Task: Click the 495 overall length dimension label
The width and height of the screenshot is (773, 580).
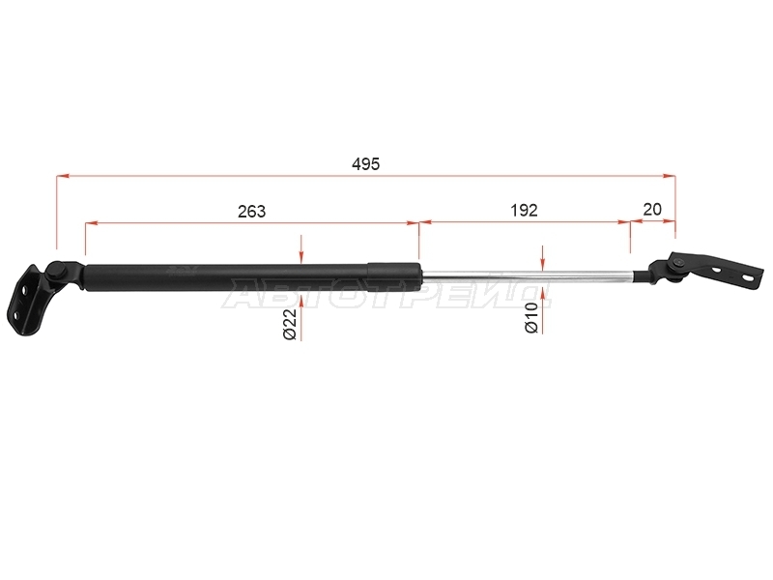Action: (x=366, y=163)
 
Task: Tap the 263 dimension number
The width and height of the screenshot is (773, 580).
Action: (x=251, y=211)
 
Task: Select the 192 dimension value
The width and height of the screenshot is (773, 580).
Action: (x=524, y=210)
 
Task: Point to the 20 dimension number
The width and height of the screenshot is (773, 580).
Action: (x=651, y=209)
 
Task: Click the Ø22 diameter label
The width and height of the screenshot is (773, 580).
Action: (x=290, y=325)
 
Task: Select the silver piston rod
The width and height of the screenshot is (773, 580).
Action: (x=528, y=278)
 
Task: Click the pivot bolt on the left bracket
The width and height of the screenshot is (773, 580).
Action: (x=58, y=270)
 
